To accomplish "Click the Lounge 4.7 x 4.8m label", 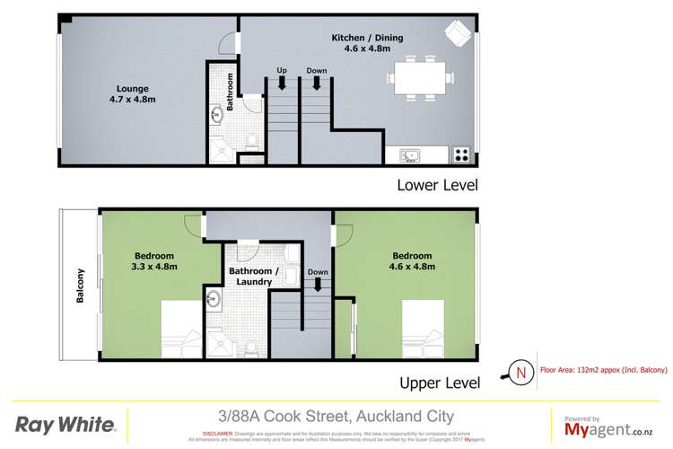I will (x=132, y=94).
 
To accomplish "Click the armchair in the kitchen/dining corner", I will (x=457, y=33).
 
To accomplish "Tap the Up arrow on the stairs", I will (x=282, y=79).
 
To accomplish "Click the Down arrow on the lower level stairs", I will (x=316, y=79).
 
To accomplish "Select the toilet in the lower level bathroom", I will (x=252, y=138).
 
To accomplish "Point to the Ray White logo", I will (x=66, y=423).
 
